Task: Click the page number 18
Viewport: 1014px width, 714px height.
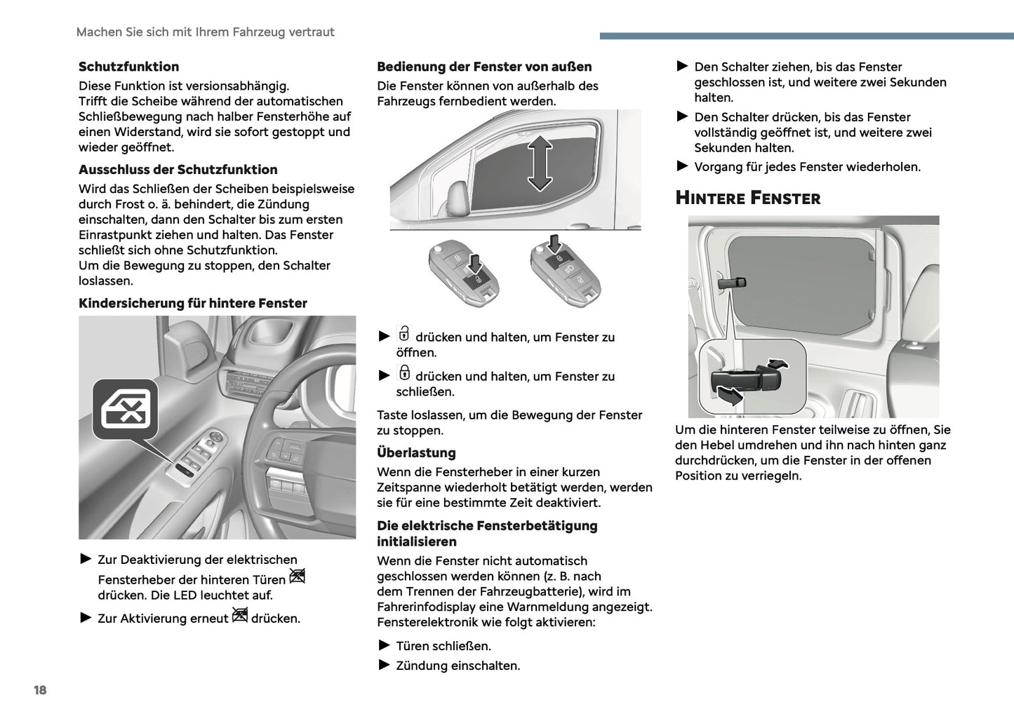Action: click(40, 690)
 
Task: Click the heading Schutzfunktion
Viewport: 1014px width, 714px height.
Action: click(128, 67)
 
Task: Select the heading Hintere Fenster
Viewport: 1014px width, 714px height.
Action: click(747, 198)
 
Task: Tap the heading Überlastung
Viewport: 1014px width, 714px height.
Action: click(416, 453)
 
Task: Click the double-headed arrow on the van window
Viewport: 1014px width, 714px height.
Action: click(539, 164)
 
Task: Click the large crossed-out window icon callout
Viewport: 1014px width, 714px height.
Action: click(126, 410)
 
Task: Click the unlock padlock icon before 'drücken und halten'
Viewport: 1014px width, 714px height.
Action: click(404, 333)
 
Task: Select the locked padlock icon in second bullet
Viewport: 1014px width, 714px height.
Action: click(404, 372)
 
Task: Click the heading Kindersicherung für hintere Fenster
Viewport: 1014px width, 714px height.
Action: click(193, 304)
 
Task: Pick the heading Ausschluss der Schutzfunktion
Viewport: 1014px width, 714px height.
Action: click(178, 170)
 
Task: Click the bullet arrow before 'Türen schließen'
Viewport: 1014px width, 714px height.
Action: click(384, 645)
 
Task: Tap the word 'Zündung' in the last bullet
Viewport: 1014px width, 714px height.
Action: click(419, 666)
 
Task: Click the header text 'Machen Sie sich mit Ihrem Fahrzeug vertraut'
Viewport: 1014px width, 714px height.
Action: click(205, 32)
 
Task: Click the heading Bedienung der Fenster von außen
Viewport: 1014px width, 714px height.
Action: click(484, 67)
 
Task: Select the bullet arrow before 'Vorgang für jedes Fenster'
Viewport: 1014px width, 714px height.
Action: click(682, 166)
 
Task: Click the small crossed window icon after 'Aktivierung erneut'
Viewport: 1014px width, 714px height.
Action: click(240, 615)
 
